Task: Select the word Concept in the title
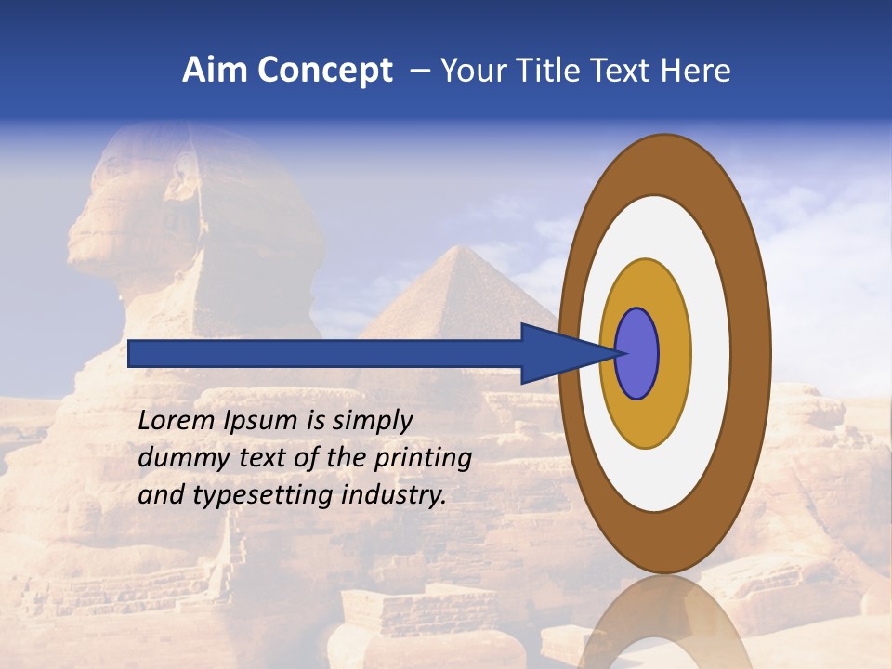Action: tap(324, 72)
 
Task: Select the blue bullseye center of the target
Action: tap(637, 354)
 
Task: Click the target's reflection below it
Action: tap(663, 623)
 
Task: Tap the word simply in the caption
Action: tap(363, 421)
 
